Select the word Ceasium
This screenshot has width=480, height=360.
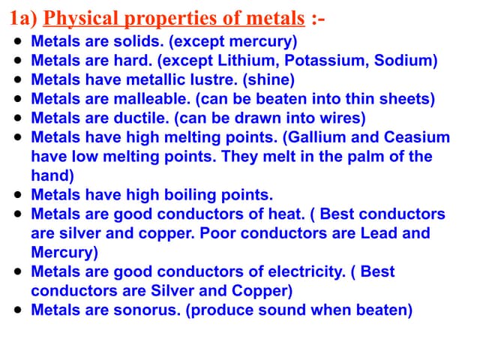click(417, 137)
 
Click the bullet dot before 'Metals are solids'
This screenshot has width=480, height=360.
click(17, 41)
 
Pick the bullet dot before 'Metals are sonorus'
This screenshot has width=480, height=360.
click(17, 310)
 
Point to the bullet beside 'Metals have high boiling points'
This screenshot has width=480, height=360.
click(17, 195)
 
